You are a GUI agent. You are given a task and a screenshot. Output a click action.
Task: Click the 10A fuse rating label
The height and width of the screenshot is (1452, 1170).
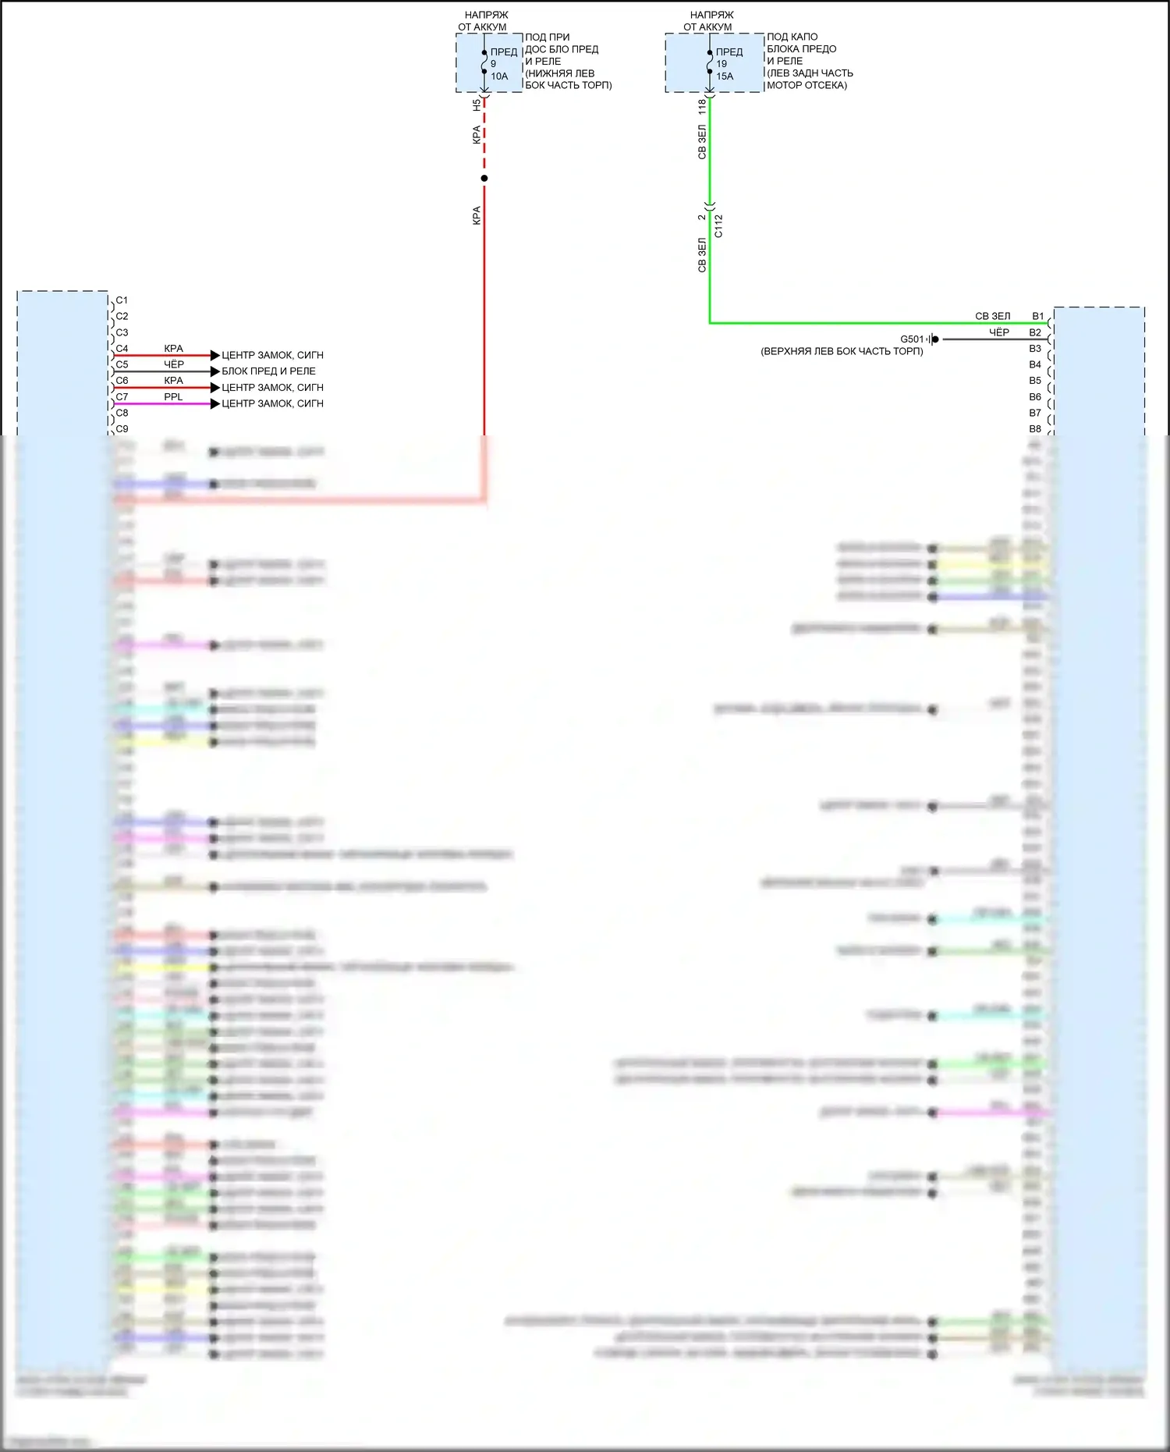click(499, 76)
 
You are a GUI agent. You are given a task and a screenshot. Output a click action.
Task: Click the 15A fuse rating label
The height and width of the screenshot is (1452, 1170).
click(725, 76)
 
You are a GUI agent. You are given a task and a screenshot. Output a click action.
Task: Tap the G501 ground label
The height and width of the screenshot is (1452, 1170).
click(912, 339)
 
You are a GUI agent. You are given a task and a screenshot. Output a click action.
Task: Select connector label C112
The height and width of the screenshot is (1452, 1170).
click(718, 226)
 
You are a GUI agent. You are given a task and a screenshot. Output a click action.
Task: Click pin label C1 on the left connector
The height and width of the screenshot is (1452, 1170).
click(122, 300)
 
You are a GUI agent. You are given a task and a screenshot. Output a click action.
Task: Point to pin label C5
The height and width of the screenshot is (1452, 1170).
click(122, 364)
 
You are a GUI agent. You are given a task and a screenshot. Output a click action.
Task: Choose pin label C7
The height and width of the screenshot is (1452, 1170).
click(122, 397)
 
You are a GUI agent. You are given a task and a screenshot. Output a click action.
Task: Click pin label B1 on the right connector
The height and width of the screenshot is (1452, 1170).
click(1037, 317)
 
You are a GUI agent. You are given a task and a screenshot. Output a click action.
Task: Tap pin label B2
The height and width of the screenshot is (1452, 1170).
click(1035, 332)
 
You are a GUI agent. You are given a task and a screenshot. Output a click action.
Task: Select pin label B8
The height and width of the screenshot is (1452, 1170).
click(1035, 429)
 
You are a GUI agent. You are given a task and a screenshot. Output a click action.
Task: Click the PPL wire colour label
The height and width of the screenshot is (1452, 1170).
click(173, 397)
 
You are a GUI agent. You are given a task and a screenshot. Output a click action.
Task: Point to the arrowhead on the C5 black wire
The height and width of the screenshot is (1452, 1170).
click(215, 371)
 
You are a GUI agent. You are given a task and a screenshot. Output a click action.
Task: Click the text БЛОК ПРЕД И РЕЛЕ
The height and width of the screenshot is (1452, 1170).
click(268, 371)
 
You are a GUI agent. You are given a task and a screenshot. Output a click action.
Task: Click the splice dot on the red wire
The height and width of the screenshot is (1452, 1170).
click(484, 179)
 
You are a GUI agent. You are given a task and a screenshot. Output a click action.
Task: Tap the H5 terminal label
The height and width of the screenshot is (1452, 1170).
click(477, 104)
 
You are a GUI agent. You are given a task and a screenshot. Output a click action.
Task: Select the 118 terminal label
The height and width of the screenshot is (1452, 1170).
click(702, 106)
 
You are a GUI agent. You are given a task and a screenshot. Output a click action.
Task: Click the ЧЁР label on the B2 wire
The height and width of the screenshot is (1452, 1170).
click(999, 332)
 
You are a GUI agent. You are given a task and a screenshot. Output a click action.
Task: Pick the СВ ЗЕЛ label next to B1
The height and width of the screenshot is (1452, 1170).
click(992, 317)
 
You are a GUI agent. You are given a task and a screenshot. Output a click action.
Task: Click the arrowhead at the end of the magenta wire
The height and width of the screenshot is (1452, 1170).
click(215, 403)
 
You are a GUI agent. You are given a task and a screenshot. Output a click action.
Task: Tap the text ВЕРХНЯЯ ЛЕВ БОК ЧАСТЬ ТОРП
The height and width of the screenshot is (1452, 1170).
click(842, 352)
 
